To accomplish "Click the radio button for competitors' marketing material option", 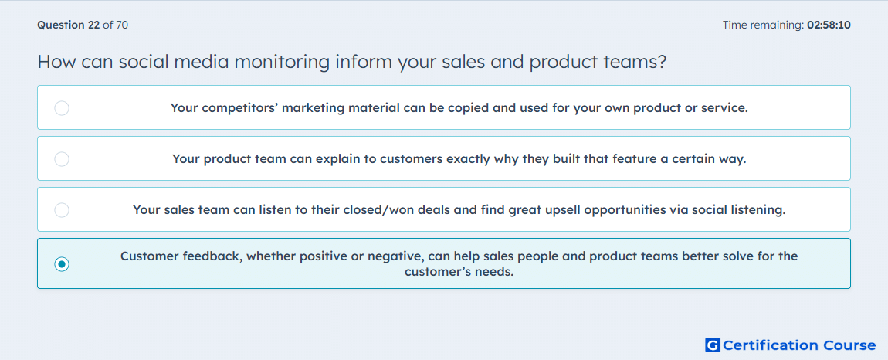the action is coord(62,107).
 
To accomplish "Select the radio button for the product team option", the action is coord(62,158).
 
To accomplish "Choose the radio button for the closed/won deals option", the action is coord(62,210).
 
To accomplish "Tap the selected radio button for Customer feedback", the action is coord(62,264).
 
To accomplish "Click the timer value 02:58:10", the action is coord(829,25).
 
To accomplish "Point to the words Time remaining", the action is coord(762,25).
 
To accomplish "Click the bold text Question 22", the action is coord(68,25).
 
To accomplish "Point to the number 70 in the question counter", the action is coord(122,25).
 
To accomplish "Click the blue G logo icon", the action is coord(713,345).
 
